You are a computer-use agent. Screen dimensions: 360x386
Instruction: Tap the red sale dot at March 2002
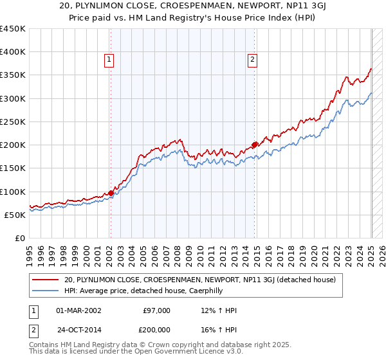point(111,193)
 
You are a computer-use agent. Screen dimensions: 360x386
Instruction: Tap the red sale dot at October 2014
point(255,145)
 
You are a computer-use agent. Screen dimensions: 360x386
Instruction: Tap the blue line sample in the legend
point(46,291)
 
